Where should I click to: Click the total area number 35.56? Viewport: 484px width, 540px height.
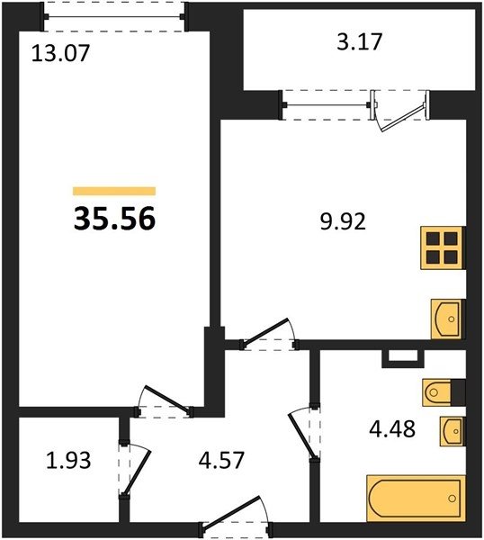pyautogui.click(x=114, y=219)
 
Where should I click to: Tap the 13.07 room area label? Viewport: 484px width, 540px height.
pyautogui.click(x=60, y=53)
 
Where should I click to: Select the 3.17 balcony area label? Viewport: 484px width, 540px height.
pyautogui.click(x=359, y=41)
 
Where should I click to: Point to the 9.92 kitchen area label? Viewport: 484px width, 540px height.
pyautogui.click(x=343, y=221)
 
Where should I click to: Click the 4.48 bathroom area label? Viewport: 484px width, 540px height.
pyautogui.click(x=392, y=429)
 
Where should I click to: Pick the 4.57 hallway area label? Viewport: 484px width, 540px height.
pyautogui.click(x=221, y=460)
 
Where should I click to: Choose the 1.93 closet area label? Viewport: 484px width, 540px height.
pyautogui.click(x=68, y=460)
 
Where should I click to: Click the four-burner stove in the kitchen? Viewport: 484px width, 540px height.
pyautogui.click(x=443, y=247)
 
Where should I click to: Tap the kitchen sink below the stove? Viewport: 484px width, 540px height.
pyautogui.click(x=448, y=319)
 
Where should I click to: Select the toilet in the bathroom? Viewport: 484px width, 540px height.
pyautogui.click(x=444, y=392)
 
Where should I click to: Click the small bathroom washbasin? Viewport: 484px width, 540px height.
pyautogui.click(x=453, y=431)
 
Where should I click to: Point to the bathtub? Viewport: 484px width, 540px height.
pyautogui.click(x=417, y=498)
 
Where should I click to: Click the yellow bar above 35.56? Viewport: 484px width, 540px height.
pyautogui.click(x=114, y=191)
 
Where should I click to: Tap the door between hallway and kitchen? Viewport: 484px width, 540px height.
pyautogui.click(x=268, y=335)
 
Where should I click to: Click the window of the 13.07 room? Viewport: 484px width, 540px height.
pyautogui.click(x=114, y=16)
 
